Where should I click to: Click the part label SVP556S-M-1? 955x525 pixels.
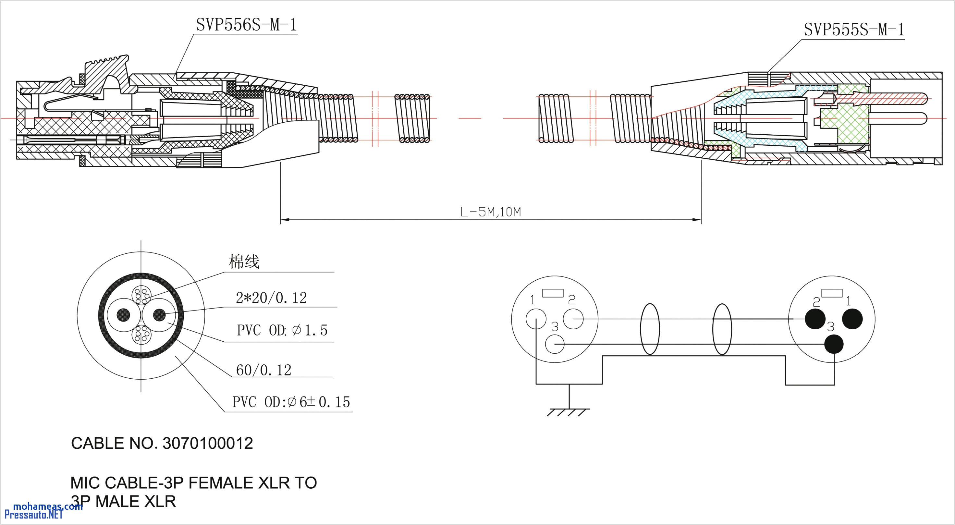tap(247, 25)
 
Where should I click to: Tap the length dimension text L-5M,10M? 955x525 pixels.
tap(490, 212)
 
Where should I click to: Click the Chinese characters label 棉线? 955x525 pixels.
tap(244, 262)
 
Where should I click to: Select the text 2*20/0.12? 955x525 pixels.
tap(271, 298)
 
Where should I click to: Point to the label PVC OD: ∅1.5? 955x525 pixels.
tap(282, 330)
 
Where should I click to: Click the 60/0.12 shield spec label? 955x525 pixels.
tap(263, 370)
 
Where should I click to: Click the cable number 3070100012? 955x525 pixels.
tap(208, 444)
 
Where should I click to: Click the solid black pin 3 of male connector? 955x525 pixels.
tap(834, 344)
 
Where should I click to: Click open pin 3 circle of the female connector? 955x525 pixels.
tap(555, 344)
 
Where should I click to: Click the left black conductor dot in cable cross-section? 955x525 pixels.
tap(123, 315)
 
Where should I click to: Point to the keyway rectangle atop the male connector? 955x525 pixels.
tap(832, 293)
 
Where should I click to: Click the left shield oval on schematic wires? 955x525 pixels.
tap(650, 329)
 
